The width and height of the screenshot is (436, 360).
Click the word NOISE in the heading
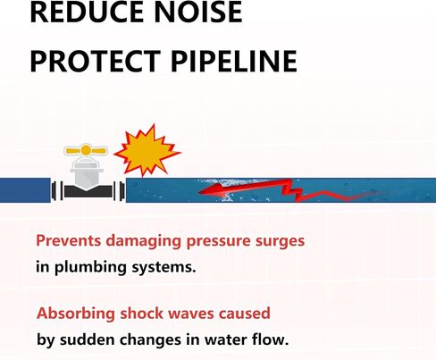tap(198, 12)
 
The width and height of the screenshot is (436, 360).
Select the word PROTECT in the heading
tap(96, 62)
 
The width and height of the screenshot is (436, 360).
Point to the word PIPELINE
tap(234, 62)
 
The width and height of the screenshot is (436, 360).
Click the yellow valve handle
tap(86, 150)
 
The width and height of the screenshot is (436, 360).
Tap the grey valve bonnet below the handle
tap(87, 173)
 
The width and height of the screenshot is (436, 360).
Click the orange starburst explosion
tap(147, 150)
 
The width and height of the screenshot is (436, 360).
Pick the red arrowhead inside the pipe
tap(213, 190)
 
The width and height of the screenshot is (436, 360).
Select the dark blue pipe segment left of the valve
tap(25, 190)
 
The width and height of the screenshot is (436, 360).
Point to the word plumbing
tap(90, 267)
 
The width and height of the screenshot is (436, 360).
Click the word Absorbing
tap(76, 314)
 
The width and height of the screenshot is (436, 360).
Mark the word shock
tap(141, 314)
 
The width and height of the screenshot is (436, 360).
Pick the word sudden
tap(88, 339)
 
